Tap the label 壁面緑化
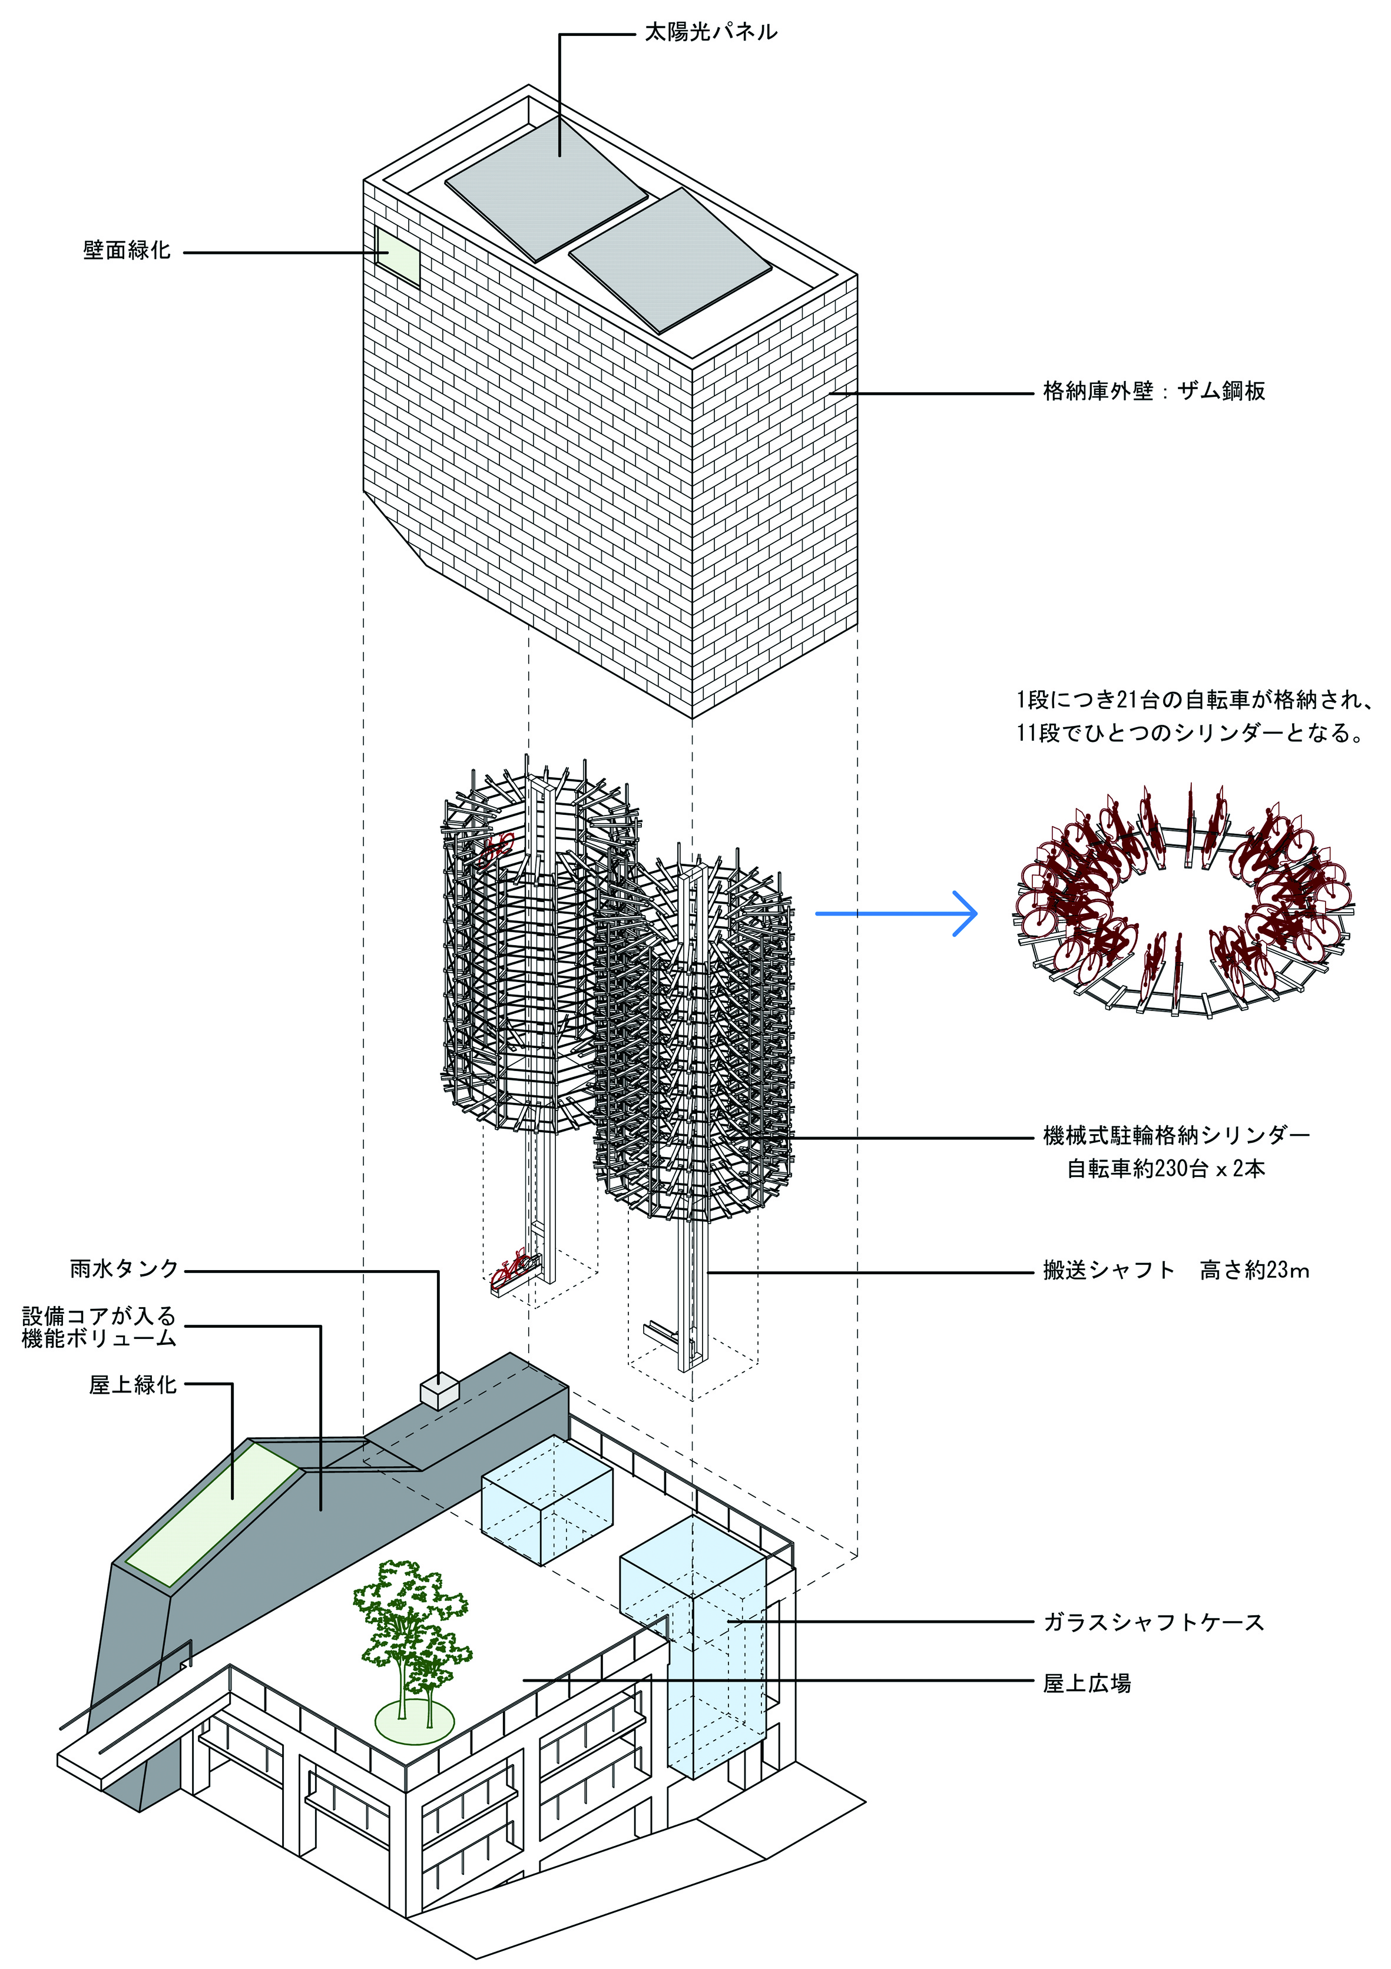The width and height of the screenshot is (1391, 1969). click(x=127, y=251)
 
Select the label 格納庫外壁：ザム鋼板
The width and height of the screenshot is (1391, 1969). click(x=1154, y=392)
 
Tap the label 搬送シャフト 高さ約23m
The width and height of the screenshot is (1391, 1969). click(x=1175, y=1271)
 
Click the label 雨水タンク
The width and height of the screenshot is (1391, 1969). click(x=124, y=1269)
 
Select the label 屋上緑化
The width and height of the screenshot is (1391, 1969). click(x=133, y=1385)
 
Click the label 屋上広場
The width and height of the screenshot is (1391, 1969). click(x=1087, y=1684)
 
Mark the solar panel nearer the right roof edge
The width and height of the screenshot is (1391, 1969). click(x=670, y=260)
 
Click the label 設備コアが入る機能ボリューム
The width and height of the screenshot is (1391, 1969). click(x=98, y=1328)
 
